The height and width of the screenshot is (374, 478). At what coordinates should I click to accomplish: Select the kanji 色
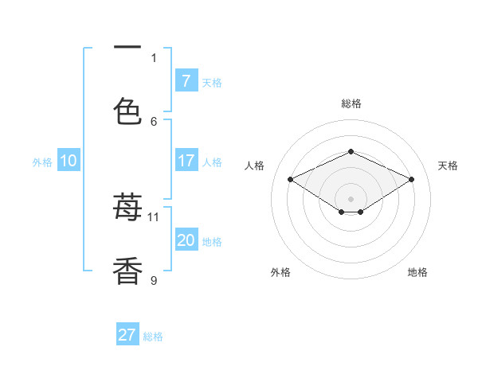coord(127,111)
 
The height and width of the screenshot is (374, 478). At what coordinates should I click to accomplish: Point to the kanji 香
coord(127,271)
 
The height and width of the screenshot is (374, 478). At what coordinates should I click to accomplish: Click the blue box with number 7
coord(186,80)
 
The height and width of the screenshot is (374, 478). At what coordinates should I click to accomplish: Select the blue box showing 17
coord(186,161)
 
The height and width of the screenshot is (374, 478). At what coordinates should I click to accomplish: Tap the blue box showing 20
coord(186,240)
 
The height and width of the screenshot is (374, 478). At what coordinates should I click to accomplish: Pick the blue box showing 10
coord(69,161)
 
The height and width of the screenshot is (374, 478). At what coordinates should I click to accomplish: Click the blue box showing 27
coord(127,335)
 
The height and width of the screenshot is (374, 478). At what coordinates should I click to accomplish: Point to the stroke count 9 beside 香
coord(154,280)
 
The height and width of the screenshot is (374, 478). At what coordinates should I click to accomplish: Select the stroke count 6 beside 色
coord(154,121)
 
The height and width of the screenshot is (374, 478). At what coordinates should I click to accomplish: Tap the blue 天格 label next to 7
coord(212,82)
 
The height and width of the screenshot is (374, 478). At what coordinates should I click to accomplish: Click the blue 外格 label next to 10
coord(42,162)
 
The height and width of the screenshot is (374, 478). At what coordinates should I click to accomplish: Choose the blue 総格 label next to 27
coord(153,337)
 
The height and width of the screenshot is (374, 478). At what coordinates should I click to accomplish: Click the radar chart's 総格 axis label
coord(351,103)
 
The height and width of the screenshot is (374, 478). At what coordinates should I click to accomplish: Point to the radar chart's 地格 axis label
coord(417,272)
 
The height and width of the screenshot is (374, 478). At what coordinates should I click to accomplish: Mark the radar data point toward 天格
coord(411,179)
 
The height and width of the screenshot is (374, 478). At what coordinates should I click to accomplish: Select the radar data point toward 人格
coord(290,179)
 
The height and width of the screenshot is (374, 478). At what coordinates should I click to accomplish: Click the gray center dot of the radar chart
coord(351,198)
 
